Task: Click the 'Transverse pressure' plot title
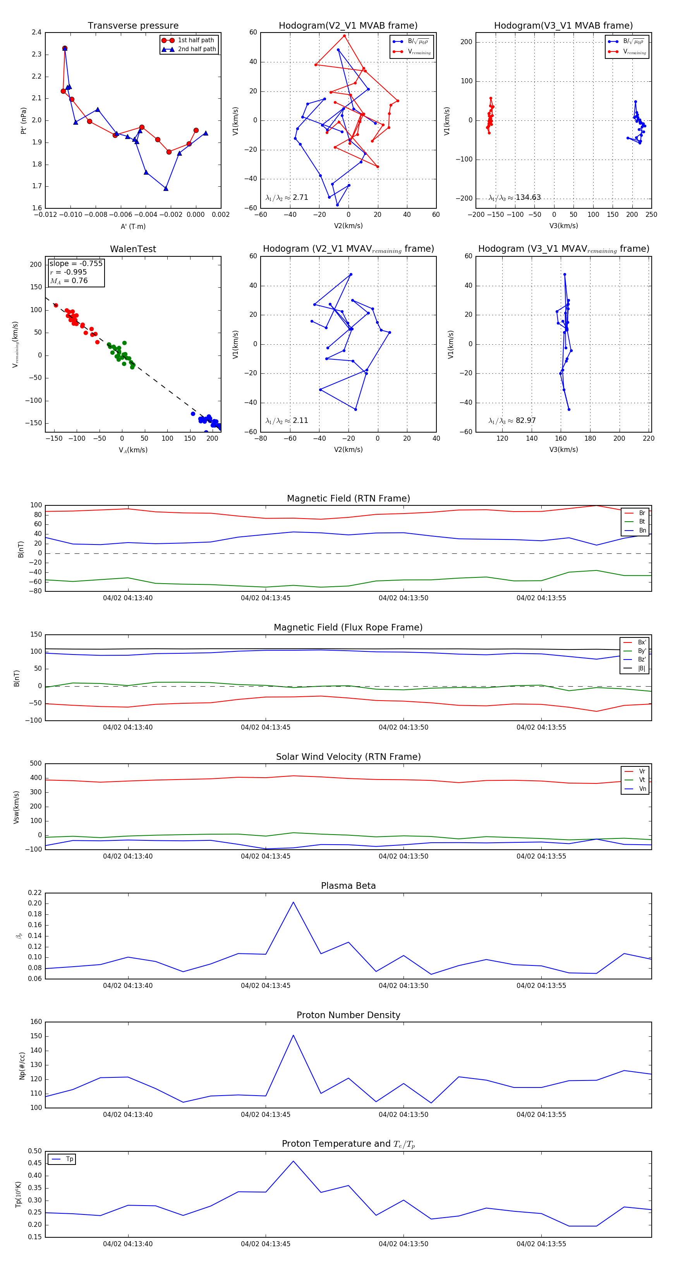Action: click(x=133, y=26)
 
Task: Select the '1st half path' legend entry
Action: click(x=196, y=40)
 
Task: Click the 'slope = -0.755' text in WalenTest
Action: click(x=76, y=263)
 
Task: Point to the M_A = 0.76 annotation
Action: click(x=69, y=281)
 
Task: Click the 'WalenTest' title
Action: click(x=133, y=249)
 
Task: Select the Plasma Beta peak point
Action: click(x=293, y=902)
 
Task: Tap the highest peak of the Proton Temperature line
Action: click(x=293, y=1161)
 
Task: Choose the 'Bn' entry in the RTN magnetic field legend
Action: click(x=642, y=530)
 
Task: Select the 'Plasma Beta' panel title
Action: click(x=348, y=886)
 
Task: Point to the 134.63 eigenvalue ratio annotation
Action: click(x=528, y=198)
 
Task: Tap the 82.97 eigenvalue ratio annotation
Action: click(x=525, y=421)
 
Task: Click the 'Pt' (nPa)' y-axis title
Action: click(x=23, y=120)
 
